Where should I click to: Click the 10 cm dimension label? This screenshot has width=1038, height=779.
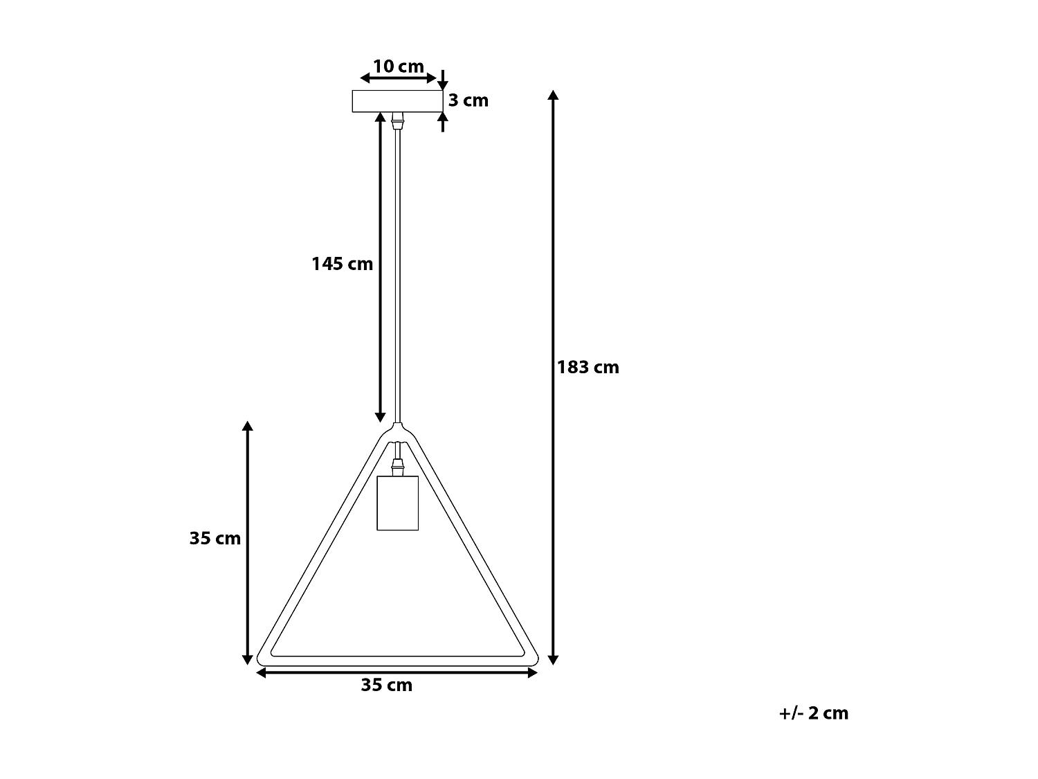[398, 66]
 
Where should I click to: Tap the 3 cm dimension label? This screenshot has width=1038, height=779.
[468, 100]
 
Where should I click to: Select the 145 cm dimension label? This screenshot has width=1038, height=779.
[342, 264]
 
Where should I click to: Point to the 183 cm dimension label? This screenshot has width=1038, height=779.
[588, 367]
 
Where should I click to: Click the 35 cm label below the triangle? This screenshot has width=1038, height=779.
[386, 685]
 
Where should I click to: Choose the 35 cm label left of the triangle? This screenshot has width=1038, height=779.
[215, 538]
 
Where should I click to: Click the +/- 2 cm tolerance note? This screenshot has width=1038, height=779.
[813, 713]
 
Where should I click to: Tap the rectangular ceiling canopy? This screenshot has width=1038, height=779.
[397, 101]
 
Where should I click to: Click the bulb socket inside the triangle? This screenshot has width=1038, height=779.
[397, 503]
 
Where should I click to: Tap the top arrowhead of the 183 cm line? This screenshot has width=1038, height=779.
[553, 96]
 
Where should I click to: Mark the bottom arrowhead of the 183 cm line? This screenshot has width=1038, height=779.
[553, 659]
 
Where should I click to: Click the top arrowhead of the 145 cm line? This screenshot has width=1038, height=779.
[380, 117]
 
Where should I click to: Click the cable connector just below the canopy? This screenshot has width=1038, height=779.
[397, 121]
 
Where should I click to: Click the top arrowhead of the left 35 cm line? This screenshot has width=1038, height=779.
[248, 426]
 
